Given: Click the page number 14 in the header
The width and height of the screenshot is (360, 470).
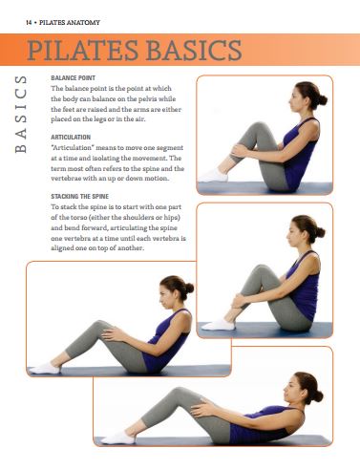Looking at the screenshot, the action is coord(29,23).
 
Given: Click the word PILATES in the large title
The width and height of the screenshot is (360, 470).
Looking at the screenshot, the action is coord(83,50).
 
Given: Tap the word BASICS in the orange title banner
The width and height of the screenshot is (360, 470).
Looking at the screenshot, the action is coord(194,50).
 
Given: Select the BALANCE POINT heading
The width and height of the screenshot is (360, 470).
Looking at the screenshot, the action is coord(73,77).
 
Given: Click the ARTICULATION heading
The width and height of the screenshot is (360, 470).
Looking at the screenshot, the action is coord(71,137).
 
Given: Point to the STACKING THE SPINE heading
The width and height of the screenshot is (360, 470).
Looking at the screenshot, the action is coord(79,196).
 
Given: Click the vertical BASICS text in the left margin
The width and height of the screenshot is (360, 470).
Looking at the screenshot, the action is coord(21,114).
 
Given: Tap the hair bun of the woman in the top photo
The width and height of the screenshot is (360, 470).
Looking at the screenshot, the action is coord(322,100).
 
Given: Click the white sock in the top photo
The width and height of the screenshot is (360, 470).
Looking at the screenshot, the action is coord(213,176).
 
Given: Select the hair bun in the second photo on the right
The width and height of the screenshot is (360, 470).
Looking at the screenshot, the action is coord(320,232).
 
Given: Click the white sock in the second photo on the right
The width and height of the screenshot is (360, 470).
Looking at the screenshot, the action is coord(218,325).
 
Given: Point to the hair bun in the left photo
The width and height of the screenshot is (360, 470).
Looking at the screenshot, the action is coord(189,288).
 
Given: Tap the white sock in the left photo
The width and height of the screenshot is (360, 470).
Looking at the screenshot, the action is coord(45,368).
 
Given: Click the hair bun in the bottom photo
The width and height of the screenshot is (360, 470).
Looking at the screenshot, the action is coord(318,396).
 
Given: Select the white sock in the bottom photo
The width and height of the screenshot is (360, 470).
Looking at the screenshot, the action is coord(118,438).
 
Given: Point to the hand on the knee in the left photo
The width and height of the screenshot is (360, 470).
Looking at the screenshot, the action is coord(112,334).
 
